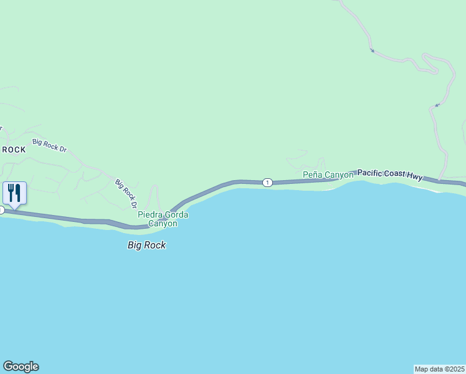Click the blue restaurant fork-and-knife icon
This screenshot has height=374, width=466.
pos(14,192)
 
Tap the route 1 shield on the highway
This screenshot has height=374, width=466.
pos(267,182)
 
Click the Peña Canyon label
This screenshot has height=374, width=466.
pos(328,175)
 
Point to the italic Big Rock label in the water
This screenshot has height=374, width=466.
pos(147,245)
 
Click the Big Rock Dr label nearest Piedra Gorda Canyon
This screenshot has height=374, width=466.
pos(125,193)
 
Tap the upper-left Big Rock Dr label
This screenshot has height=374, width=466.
pos(50,145)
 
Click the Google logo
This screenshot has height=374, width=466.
pos(21,367)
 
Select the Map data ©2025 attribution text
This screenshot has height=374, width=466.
pos(439,369)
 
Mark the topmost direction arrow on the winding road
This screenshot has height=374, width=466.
pos(372,50)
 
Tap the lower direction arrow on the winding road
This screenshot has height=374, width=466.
pos(437,105)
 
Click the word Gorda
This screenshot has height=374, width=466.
pos(176,215)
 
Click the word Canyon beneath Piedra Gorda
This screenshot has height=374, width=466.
pos(163,223)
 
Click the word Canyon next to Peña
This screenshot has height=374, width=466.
pos(339,175)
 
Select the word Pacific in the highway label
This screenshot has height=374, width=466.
pos(371,172)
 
